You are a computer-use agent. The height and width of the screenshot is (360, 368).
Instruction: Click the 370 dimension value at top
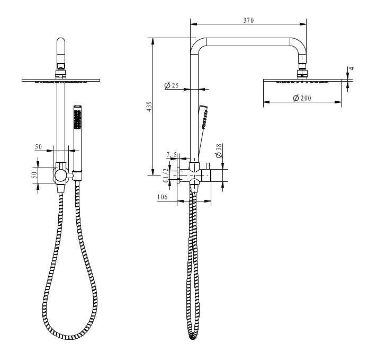point(248,20)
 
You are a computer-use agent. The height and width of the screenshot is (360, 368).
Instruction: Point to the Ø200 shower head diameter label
point(302,98)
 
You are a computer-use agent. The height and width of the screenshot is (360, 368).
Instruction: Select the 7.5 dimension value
point(171,155)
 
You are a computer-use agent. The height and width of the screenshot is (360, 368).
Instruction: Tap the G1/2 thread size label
point(166,176)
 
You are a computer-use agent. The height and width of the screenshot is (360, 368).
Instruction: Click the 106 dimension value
point(163,197)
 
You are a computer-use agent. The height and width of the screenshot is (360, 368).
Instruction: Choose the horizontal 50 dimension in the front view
point(39,147)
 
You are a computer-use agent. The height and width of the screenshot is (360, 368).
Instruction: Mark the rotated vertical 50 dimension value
point(34,174)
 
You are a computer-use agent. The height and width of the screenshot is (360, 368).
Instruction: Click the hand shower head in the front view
point(78,125)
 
